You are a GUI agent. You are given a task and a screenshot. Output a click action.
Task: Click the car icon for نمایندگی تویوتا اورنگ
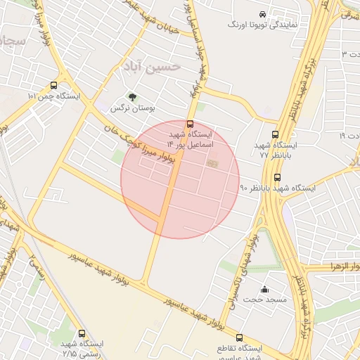262,13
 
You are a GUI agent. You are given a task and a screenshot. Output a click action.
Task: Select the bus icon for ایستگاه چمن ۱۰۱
54,85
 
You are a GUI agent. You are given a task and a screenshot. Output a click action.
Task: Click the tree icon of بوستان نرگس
131,98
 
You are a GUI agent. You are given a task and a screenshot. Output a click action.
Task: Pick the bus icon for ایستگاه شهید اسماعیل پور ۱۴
190,124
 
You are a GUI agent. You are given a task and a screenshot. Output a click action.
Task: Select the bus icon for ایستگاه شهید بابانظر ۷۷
275,136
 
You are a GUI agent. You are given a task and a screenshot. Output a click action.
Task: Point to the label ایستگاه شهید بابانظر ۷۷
276,149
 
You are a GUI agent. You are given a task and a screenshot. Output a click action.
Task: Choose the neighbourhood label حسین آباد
152,66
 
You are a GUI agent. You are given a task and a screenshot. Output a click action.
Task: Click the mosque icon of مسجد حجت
265,289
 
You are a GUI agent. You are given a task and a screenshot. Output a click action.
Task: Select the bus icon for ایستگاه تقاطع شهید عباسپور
240,338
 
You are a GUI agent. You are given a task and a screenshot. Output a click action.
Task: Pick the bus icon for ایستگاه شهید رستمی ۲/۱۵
82,334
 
